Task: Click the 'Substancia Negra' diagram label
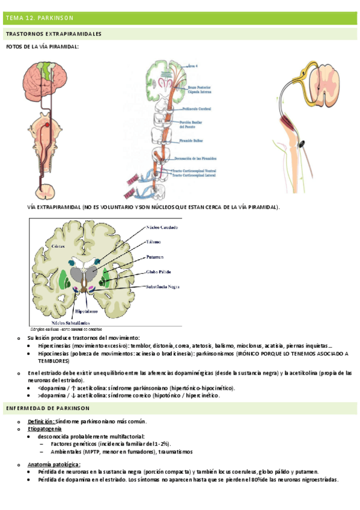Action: click(x=163, y=287)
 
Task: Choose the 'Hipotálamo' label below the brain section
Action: click(x=88, y=313)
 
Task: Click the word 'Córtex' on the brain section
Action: click(x=41, y=247)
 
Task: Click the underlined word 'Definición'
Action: click(x=41, y=421)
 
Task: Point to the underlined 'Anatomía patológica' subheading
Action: click(x=54, y=464)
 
